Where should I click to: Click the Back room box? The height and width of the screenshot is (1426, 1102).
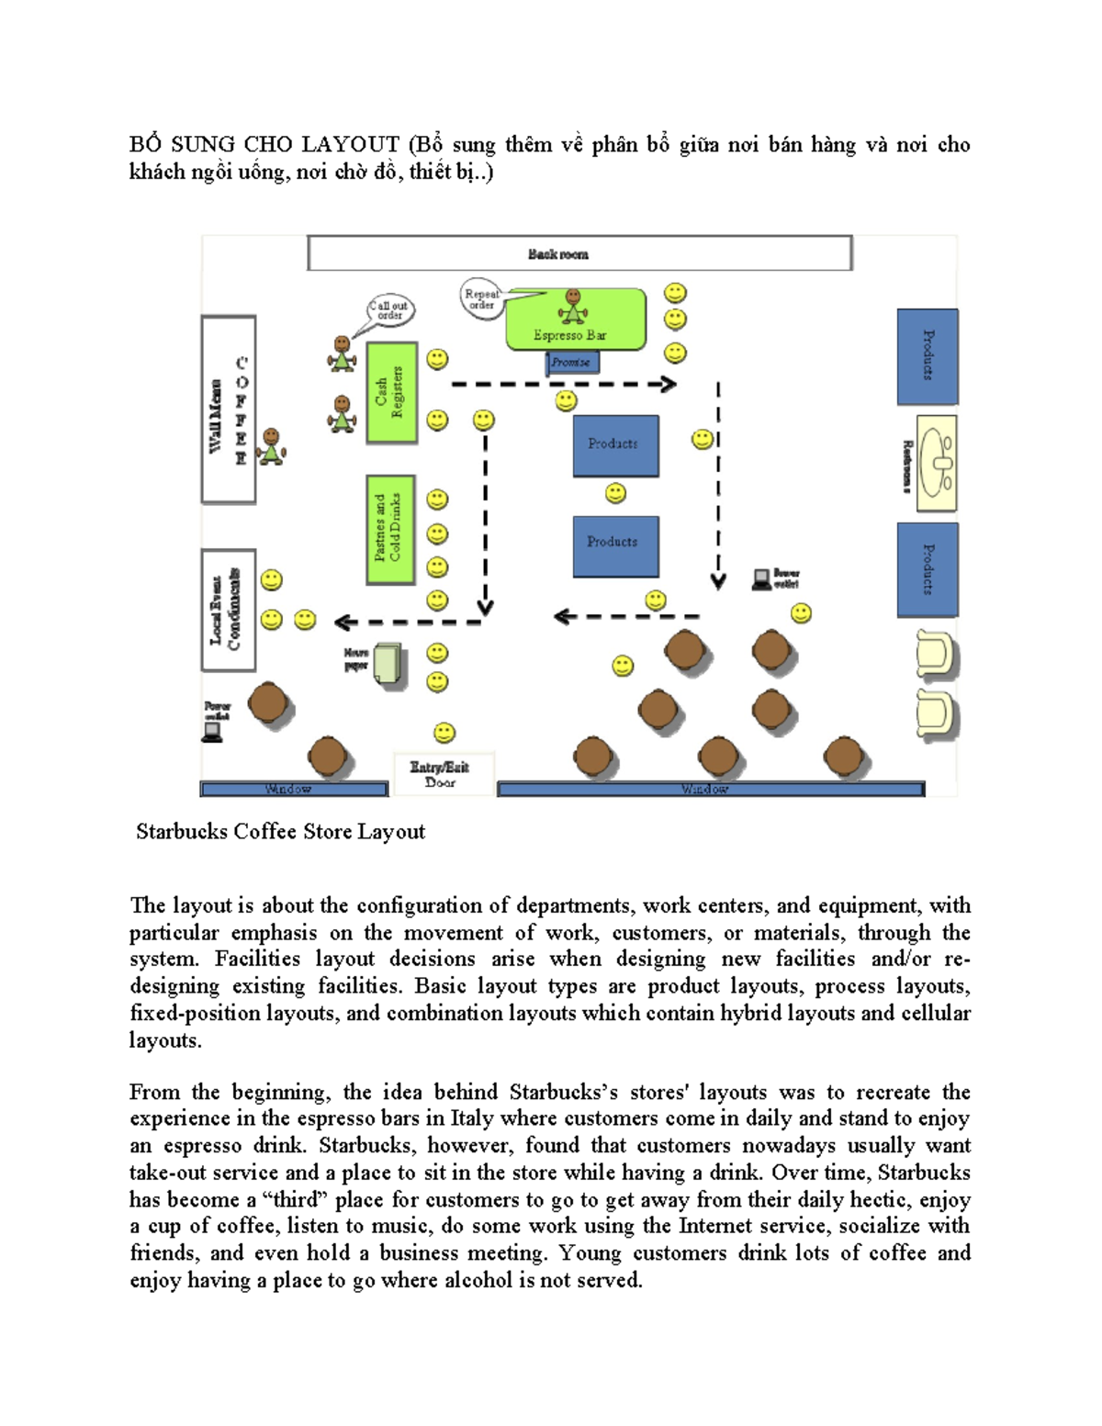point(579,253)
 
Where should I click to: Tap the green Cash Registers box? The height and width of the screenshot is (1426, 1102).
point(391,393)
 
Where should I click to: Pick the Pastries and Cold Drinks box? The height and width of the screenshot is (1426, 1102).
point(390,529)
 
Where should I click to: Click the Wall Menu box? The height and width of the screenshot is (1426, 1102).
point(228,410)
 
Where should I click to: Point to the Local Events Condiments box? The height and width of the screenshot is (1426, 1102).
point(228,610)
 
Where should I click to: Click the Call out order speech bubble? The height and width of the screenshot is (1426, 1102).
point(391,310)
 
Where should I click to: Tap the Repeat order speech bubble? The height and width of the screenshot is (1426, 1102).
point(481,298)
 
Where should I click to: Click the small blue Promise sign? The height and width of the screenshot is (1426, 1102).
point(572,363)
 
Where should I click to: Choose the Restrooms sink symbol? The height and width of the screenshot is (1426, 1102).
point(937,463)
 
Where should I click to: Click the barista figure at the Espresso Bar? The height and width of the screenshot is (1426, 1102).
point(573,307)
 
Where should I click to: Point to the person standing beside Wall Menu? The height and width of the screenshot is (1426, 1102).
point(271,446)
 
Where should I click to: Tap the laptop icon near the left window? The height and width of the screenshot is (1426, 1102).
point(212,732)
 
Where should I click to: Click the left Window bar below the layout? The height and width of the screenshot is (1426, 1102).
point(293,789)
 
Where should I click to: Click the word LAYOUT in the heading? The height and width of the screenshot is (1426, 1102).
point(350,145)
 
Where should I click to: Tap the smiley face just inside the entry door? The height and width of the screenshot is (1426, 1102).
point(444,732)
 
